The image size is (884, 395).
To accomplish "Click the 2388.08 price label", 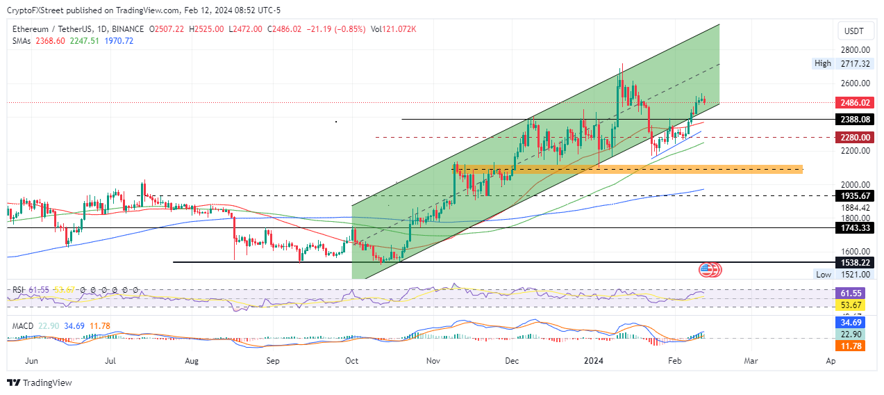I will [853, 120].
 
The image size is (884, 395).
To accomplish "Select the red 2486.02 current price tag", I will [853, 103].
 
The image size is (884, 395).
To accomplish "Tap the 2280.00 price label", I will [853, 137].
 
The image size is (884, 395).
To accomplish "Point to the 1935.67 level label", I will [853, 196].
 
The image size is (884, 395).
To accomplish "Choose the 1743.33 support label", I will [853, 228].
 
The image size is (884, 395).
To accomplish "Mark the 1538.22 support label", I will [853, 262].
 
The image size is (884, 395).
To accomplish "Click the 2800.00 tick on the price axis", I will [853, 50].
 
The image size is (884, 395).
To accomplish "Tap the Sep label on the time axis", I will [273, 362].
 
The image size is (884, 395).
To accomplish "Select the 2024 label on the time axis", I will [593, 362].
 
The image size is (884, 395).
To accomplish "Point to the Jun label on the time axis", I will [30, 362].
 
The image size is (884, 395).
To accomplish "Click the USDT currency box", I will [853, 31].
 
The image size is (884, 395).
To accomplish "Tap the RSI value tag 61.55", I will [853, 294].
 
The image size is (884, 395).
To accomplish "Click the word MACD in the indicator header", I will [20, 326].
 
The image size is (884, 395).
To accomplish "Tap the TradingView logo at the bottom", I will [40, 383].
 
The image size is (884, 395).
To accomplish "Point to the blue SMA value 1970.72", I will [119, 41].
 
